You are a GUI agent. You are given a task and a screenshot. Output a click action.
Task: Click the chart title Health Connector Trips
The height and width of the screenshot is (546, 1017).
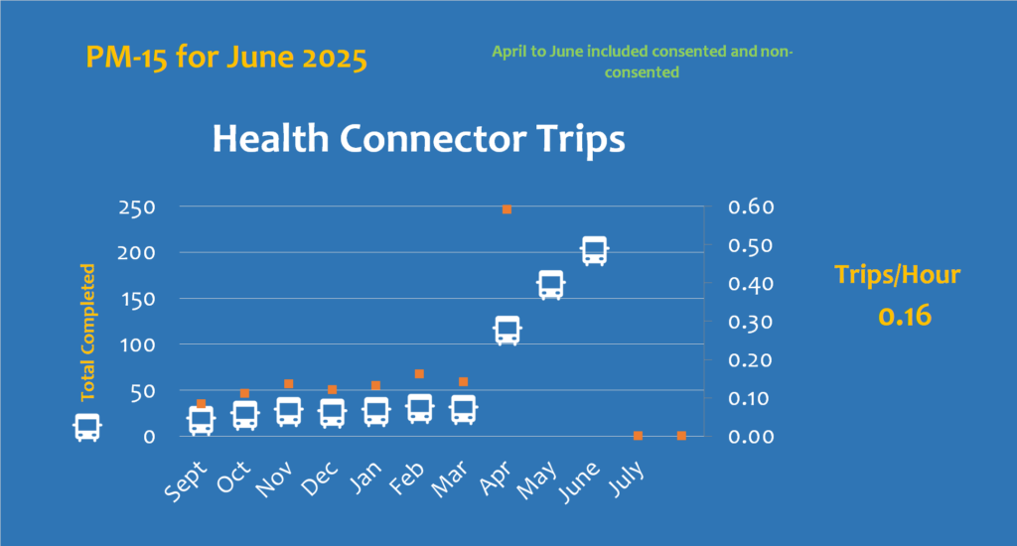pyautogui.click(x=418, y=139)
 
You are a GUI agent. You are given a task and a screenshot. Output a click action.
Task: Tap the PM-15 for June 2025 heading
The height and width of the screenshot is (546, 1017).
pyautogui.click(x=226, y=57)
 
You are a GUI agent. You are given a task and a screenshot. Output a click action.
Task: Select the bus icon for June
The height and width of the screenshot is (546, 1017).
pyautogui.click(x=594, y=251)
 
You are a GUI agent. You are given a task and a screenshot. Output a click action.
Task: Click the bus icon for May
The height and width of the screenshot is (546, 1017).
pyautogui.click(x=550, y=285)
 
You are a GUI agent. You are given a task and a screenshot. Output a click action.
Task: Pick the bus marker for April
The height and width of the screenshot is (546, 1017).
pyautogui.click(x=508, y=331)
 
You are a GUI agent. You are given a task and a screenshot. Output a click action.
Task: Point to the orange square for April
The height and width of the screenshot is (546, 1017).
pyautogui.click(x=508, y=209)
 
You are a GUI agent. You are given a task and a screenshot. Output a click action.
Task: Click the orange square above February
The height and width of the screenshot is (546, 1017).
pyautogui.click(x=420, y=374)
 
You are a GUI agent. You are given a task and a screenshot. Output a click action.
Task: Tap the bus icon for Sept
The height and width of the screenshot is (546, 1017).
pyautogui.click(x=201, y=421)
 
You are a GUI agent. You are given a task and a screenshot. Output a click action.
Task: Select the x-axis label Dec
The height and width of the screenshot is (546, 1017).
pyautogui.click(x=320, y=478)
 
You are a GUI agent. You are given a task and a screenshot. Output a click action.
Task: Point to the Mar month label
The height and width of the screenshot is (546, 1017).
pyautogui.click(x=450, y=479)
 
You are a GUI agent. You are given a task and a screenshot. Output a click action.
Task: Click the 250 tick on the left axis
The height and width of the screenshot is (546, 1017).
pyautogui.click(x=137, y=207)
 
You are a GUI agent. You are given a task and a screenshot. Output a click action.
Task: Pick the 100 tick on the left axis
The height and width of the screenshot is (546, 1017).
pyautogui.click(x=137, y=345)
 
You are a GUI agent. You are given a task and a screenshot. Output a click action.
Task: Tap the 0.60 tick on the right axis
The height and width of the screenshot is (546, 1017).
pyautogui.click(x=751, y=206)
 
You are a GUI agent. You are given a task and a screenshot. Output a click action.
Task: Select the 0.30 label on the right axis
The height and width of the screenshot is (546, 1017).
pyautogui.click(x=751, y=322)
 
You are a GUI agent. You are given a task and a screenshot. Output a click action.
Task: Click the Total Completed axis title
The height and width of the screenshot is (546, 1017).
pyautogui.click(x=87, y=332)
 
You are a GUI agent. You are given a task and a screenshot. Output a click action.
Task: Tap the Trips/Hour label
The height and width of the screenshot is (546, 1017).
pyautogui.click(x=897, y=275)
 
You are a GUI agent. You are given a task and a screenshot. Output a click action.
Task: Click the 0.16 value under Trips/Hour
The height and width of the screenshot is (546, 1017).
pyautogui.click(x=905, y=316)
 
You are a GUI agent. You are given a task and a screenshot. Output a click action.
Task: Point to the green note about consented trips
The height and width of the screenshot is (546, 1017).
pyautogui.click(x=643, y=62)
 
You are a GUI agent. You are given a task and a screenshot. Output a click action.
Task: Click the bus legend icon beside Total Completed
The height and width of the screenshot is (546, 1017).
pyautogui.click(x=87, y=428)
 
